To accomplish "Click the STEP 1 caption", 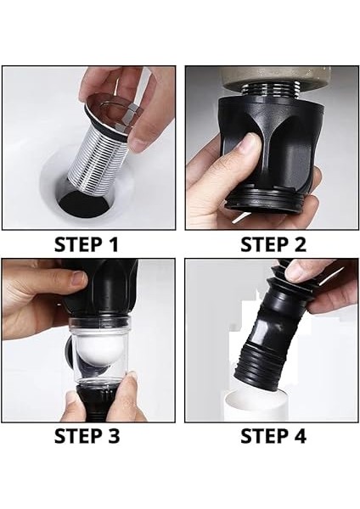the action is point(86,245).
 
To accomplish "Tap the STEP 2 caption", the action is point(273,245).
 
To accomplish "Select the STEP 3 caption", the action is point(87,436).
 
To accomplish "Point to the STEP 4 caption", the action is point(273,436).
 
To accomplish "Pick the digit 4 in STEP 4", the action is point(299,436).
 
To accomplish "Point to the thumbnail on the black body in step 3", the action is point(79,280).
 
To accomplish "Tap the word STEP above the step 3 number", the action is point(77,436).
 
